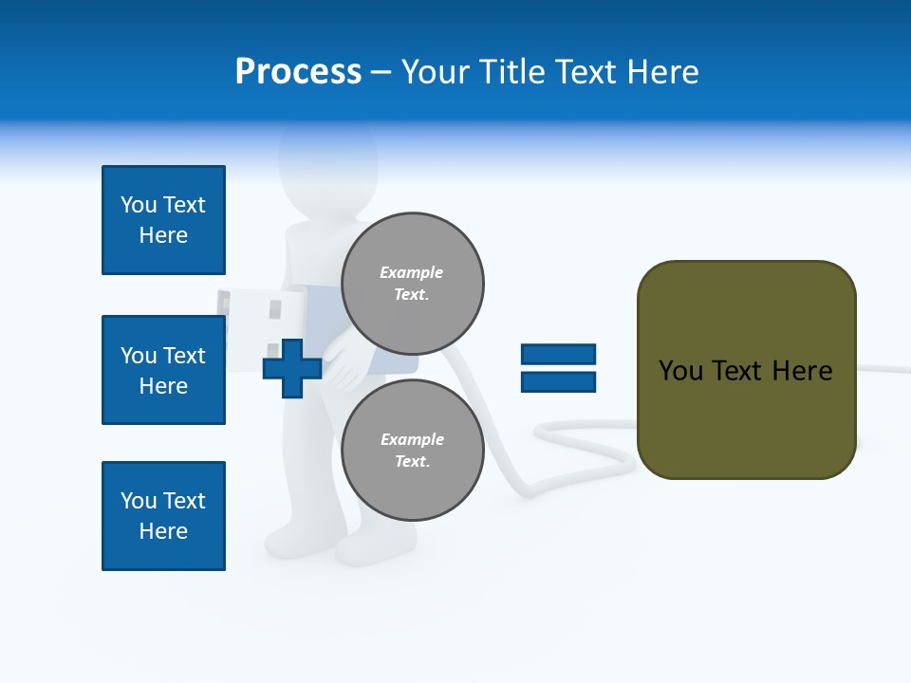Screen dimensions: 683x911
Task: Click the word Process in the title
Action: pos(298,72)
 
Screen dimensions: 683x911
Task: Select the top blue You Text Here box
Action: pos(163,220)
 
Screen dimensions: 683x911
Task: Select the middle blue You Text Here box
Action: pos(163,370)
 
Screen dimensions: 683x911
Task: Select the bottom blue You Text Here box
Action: pos(163,516)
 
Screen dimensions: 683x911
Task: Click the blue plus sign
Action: pos(292,368)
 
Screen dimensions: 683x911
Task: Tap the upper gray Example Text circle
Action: pos(412,283)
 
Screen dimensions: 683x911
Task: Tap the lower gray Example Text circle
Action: pos(412,450)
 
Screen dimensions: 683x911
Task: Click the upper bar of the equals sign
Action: pos(558,354)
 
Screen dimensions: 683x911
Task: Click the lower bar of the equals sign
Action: pos(558,382)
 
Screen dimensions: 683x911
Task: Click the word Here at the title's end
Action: pos(663,72)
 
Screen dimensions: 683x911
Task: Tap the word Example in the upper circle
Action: pos(412,272)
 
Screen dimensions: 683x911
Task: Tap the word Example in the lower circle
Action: pos(412,439)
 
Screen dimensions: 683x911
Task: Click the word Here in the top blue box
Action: pos(163,235)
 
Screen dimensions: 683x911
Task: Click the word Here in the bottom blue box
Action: pos(163,531)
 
